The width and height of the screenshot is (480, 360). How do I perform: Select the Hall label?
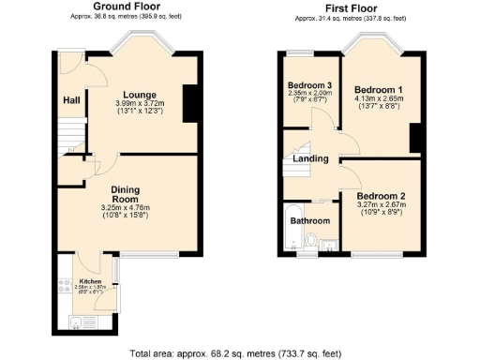[71, 100]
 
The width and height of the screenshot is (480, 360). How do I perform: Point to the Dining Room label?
[125, 193]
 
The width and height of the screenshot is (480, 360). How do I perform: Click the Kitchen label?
[91, 281]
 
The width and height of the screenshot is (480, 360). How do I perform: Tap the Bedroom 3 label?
[310, 84]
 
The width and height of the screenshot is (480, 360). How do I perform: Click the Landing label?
[310, 158]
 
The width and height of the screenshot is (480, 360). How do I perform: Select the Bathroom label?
[309, 221]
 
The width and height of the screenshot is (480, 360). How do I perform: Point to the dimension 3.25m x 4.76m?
[126, 208]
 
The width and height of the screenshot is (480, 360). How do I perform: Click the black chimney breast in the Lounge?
[190, 103]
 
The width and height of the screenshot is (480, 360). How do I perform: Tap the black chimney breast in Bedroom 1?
[413, 138]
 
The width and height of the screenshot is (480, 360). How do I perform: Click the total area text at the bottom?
[239, 354]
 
